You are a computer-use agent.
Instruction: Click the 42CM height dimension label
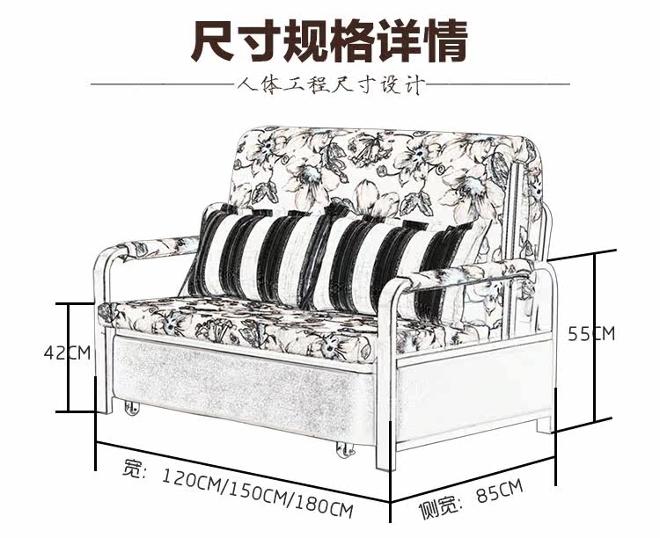click(68, 353)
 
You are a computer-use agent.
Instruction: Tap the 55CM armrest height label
click(591, 334)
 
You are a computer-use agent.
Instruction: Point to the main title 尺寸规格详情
click(330, 40)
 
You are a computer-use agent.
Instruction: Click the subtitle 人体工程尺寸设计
click(331, 86)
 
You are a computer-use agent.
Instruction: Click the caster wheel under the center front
click(342, 451)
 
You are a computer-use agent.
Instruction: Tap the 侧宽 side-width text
click(437, 508)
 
